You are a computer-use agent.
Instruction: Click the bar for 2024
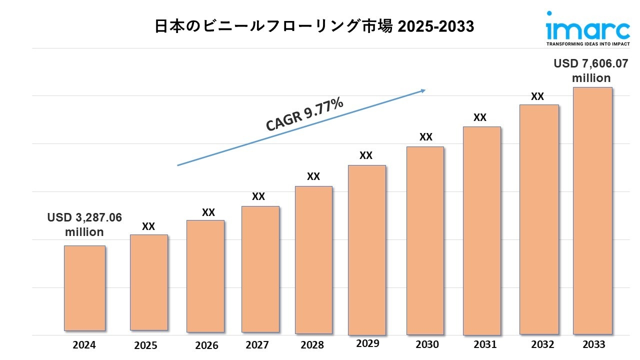[x=84, y=288]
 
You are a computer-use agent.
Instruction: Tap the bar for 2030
[x=425, y=240]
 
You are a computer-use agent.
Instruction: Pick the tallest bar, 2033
[x=592, y=210]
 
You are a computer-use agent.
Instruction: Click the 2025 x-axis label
[x=145, y=345]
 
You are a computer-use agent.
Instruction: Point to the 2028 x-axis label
[x=312, y=345]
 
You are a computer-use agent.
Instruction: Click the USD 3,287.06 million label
[x=84, y=224]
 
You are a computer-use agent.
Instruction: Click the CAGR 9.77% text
[x=304, y=114]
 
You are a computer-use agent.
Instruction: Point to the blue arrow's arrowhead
[x=422, y=90]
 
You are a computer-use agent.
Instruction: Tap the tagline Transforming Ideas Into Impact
[x=587, y=44]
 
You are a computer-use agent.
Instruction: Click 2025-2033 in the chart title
[x=435, y=26]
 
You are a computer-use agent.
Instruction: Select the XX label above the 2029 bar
[x=366, y=155]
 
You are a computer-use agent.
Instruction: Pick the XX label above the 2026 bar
[x=208, y=212]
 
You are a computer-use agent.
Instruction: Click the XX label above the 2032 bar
[x=537, y=96]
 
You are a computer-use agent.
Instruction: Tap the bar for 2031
[x=481, y=230]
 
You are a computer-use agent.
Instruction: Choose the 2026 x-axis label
[x=206, y=345]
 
